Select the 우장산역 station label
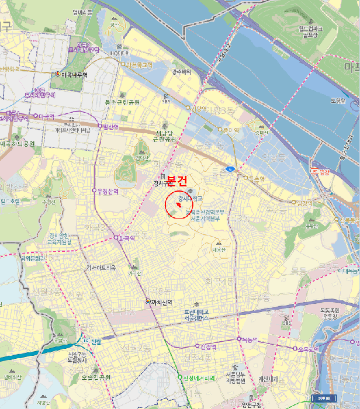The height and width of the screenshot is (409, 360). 108,190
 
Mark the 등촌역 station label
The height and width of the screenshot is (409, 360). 256,178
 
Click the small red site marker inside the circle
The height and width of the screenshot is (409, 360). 178,206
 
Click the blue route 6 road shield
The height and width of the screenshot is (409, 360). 231,169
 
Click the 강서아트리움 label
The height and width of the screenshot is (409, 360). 101,268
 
